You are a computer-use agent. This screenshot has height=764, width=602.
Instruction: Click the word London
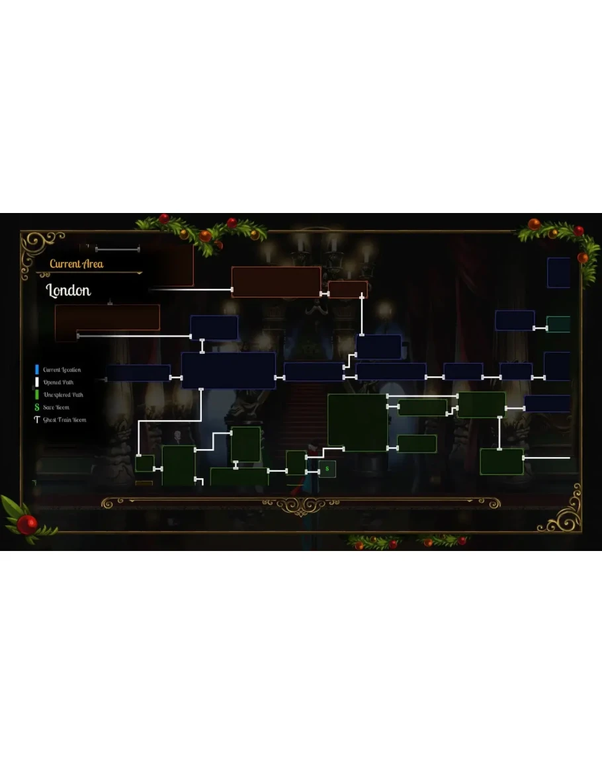pyautogui.click(x=68, y=290)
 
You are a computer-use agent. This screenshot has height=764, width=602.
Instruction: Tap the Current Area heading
pyautogui.click(x=76, y=264)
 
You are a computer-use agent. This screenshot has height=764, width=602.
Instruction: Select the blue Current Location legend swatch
pyautogui.click(x=37, y=370)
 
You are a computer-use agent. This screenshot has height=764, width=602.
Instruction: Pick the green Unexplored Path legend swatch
pyautogui.click(x=37, y=395)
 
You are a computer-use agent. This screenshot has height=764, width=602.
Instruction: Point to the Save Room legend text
pyautogui.click(x=56, y=407)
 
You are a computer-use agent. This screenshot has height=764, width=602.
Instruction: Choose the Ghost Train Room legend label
pyautogui.click(x=64, y=420)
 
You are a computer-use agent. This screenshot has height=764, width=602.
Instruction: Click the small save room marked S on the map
pyautogui.click(x=327, y=469)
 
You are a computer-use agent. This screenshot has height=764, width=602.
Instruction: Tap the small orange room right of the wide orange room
pyautogui.click(x=347, y=289)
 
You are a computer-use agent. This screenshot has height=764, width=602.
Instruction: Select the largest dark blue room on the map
pyautogui.click(x=228, y=370)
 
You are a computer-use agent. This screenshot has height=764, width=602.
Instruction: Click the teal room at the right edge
pyautogui.click(x=558, y=324)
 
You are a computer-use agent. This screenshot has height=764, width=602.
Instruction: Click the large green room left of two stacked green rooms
pyautogui.click(x=357, y=422)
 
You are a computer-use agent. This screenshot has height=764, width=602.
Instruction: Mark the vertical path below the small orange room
pyautogui.click(x=362, y=316)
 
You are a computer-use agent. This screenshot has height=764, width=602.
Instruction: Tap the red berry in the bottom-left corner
pyautogui.click(x=27, y=525)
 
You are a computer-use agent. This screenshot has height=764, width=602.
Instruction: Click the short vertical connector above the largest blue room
pyautogui.click(x=202, y=346)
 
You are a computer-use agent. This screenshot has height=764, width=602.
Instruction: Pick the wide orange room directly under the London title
pyautogui.click(x=107, y=318)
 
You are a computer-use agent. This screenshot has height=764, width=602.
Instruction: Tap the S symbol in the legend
pyautogui.click(x=37, y=407)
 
